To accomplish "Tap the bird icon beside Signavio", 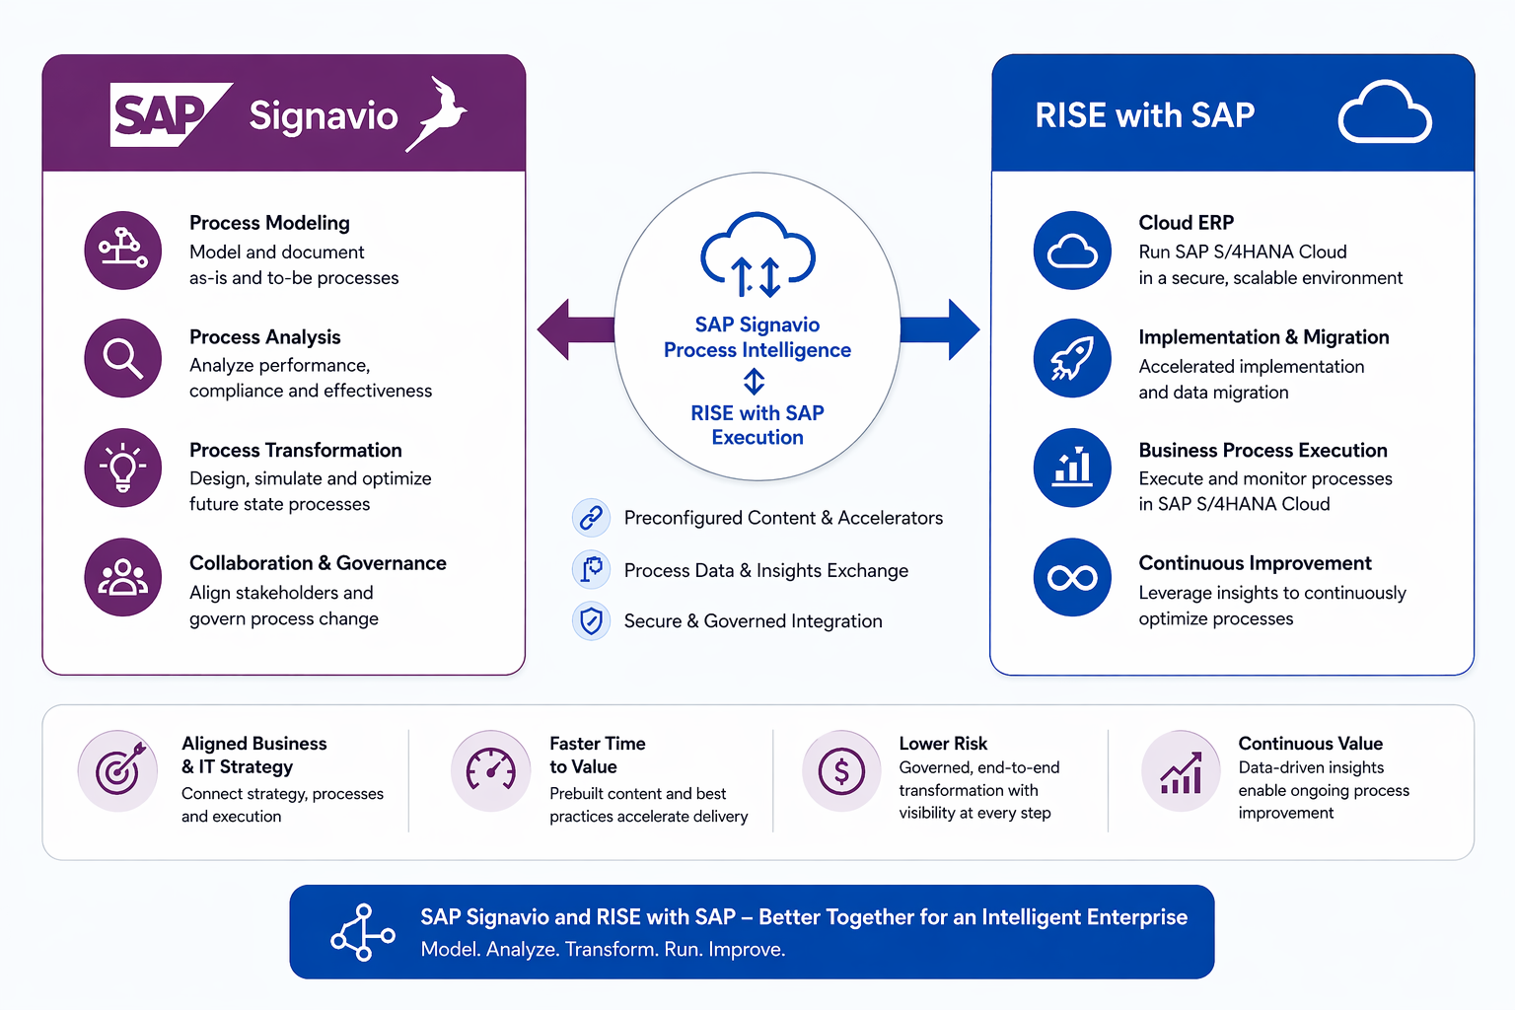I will [439, 113].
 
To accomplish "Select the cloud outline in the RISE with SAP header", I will [1384, 113].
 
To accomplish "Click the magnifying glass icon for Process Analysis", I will [123, 358].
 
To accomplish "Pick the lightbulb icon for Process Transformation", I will [123, 468].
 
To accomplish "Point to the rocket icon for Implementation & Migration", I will [1072, 358].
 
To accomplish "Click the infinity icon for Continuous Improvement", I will [1072, 577].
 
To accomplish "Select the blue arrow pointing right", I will [942, 329].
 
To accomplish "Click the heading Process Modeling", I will [269, 223].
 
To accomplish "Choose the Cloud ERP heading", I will [1186, 223].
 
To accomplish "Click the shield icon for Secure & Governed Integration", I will [591, 621].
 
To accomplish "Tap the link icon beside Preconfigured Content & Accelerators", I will [591, 517].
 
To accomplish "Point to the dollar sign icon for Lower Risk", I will [841, 771].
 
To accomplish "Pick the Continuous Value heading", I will [1310, 744].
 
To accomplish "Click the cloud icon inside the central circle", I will [757, 253].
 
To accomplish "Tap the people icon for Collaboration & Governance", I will [123, 577].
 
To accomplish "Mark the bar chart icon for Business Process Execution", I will [1072, 468].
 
